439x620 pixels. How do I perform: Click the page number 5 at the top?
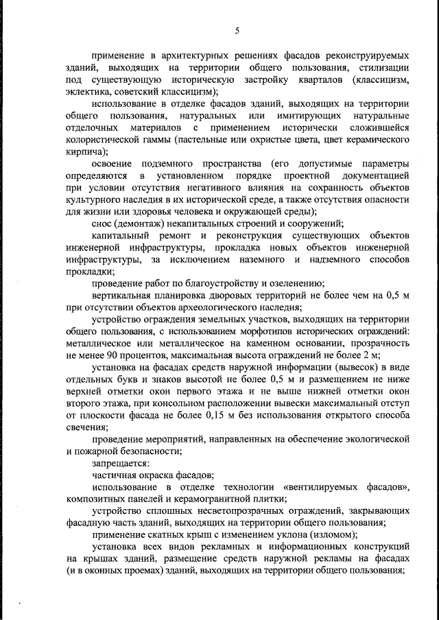(x=237, y=30)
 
